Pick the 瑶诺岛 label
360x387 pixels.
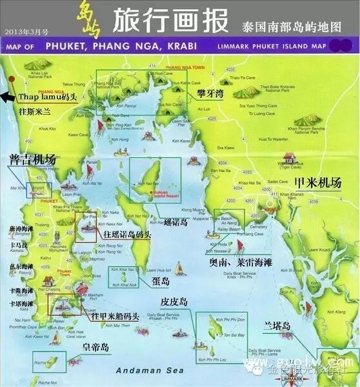point(174,223)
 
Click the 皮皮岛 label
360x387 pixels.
point(174,302)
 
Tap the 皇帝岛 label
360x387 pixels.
point(96,348)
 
